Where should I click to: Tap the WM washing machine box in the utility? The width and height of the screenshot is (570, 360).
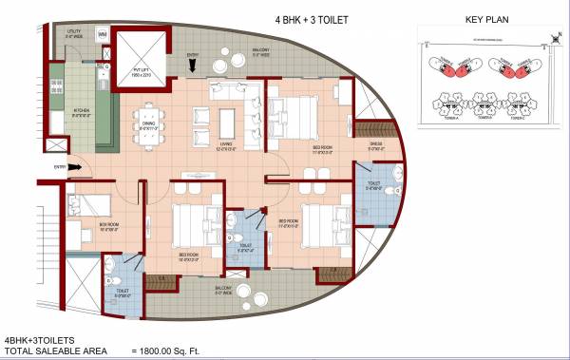tap(103, 34)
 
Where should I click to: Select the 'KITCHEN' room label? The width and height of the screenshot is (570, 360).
tap(83, 110)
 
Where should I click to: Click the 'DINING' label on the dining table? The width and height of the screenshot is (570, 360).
tap(149, 123)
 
